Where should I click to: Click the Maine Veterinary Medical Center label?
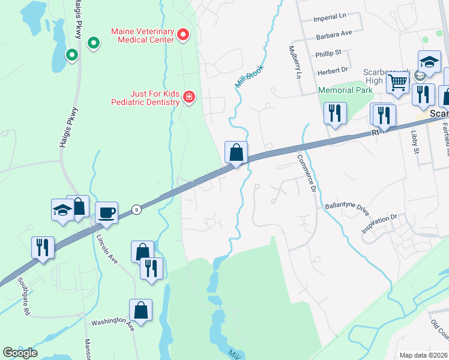pos(142,35)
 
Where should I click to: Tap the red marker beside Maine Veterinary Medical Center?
pos(184,35)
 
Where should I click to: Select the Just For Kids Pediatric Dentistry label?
pos(146,97)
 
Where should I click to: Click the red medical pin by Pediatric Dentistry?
pos(188,97)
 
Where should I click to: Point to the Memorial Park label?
pos(345,90)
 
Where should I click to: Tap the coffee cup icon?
pos(107,212)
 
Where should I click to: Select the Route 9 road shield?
pos(137,209)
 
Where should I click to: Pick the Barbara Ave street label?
pos(334,36)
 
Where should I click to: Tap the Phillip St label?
pos(328,54)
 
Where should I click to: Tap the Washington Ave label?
pos(112,323)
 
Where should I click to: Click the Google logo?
pos(20,353)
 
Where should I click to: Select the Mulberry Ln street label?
pos(294,62)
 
